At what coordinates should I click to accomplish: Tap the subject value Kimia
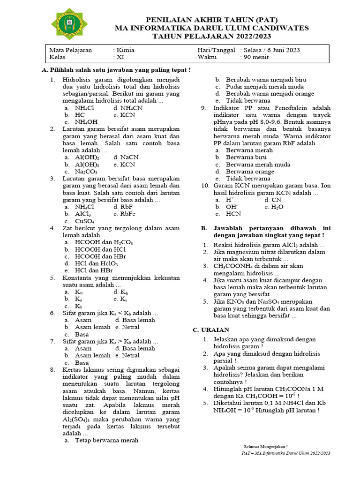(x=126, y=50)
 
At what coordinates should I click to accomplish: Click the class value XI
(x=120, y=58)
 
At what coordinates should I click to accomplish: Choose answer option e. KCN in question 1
(x=124, y=114)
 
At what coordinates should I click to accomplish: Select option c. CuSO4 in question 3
(x=84, y=221)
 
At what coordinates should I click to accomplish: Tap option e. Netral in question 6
(x=127, y=327)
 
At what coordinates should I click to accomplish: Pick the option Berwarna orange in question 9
(x=250, y=172)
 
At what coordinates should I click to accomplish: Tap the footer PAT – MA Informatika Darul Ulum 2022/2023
(x=286, y=453)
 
